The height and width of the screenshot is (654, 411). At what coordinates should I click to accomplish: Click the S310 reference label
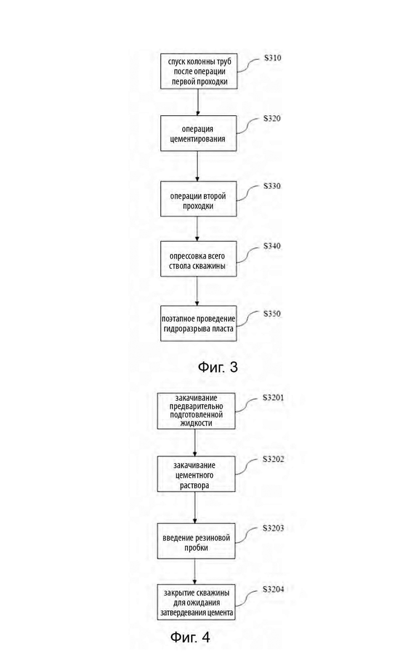coord(272,58)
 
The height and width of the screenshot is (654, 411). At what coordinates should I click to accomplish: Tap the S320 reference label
coord(272,118)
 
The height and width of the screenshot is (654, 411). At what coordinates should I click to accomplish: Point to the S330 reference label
coord(272,186)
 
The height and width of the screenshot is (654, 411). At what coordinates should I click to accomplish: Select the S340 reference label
coord(272,246)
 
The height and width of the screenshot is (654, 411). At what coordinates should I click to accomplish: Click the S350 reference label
coord(272,314)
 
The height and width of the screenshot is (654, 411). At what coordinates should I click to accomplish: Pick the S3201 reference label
coord(273,398)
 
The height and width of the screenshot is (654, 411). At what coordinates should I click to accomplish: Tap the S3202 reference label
coord(273,459)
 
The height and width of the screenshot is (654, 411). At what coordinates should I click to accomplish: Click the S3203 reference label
coord(273,528)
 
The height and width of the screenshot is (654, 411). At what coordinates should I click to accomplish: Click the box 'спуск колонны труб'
coord(199,71)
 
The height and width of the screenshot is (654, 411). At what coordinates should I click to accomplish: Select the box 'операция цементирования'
coord(199,134)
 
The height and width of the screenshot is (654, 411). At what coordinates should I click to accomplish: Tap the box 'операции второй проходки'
coord(199,199)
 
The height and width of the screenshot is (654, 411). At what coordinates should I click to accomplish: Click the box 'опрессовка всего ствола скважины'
coord(199,259)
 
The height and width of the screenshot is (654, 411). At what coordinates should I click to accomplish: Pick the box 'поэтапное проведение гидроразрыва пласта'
coord(199,324)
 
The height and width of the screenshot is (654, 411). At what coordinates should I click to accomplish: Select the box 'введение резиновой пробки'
coord(196,541)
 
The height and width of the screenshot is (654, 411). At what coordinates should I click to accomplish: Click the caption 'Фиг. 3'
coord(218,367)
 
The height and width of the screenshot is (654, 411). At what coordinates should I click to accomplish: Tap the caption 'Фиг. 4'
coord(190,637)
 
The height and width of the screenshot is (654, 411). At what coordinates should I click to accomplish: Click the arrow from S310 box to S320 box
coord(198,102)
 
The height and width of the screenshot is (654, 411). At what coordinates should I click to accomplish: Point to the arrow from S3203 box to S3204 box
coord(195,572)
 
